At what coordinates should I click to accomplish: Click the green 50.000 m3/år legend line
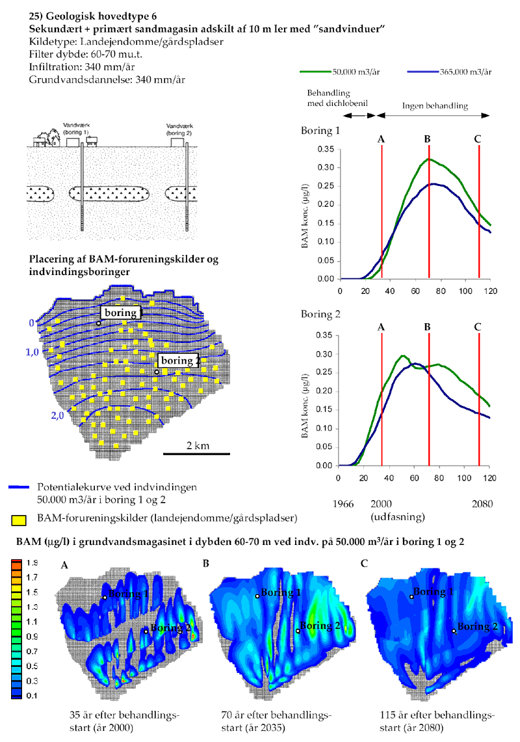tap(315, 72)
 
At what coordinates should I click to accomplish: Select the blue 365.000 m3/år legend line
tap(420, 72)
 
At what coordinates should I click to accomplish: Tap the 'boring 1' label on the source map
tap(121, 313)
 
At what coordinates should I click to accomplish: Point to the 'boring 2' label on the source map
tap(177, 361)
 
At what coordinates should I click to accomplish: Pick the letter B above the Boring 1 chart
tap(427, 139)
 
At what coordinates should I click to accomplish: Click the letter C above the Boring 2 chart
tap(478, 326)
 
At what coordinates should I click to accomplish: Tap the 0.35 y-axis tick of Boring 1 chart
tap(326, 149)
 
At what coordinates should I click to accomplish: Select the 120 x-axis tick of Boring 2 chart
tap(491, 478)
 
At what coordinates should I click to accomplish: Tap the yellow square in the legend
tap(19, 519)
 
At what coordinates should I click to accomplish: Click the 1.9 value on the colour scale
tap(32, 563)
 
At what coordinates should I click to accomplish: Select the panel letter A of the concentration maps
tap(64, 566)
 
